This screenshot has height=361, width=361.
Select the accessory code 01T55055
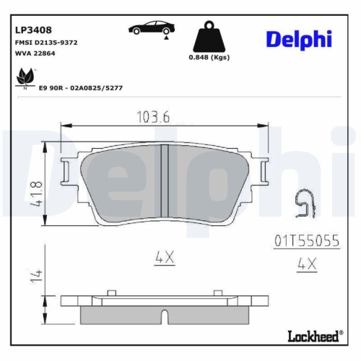[x=307, y=240]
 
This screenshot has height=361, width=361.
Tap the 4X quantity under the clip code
[x=307, y=264]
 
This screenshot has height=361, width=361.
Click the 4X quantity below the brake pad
[x=163, y=255]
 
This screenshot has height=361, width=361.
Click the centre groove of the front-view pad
[x=163, y=184]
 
